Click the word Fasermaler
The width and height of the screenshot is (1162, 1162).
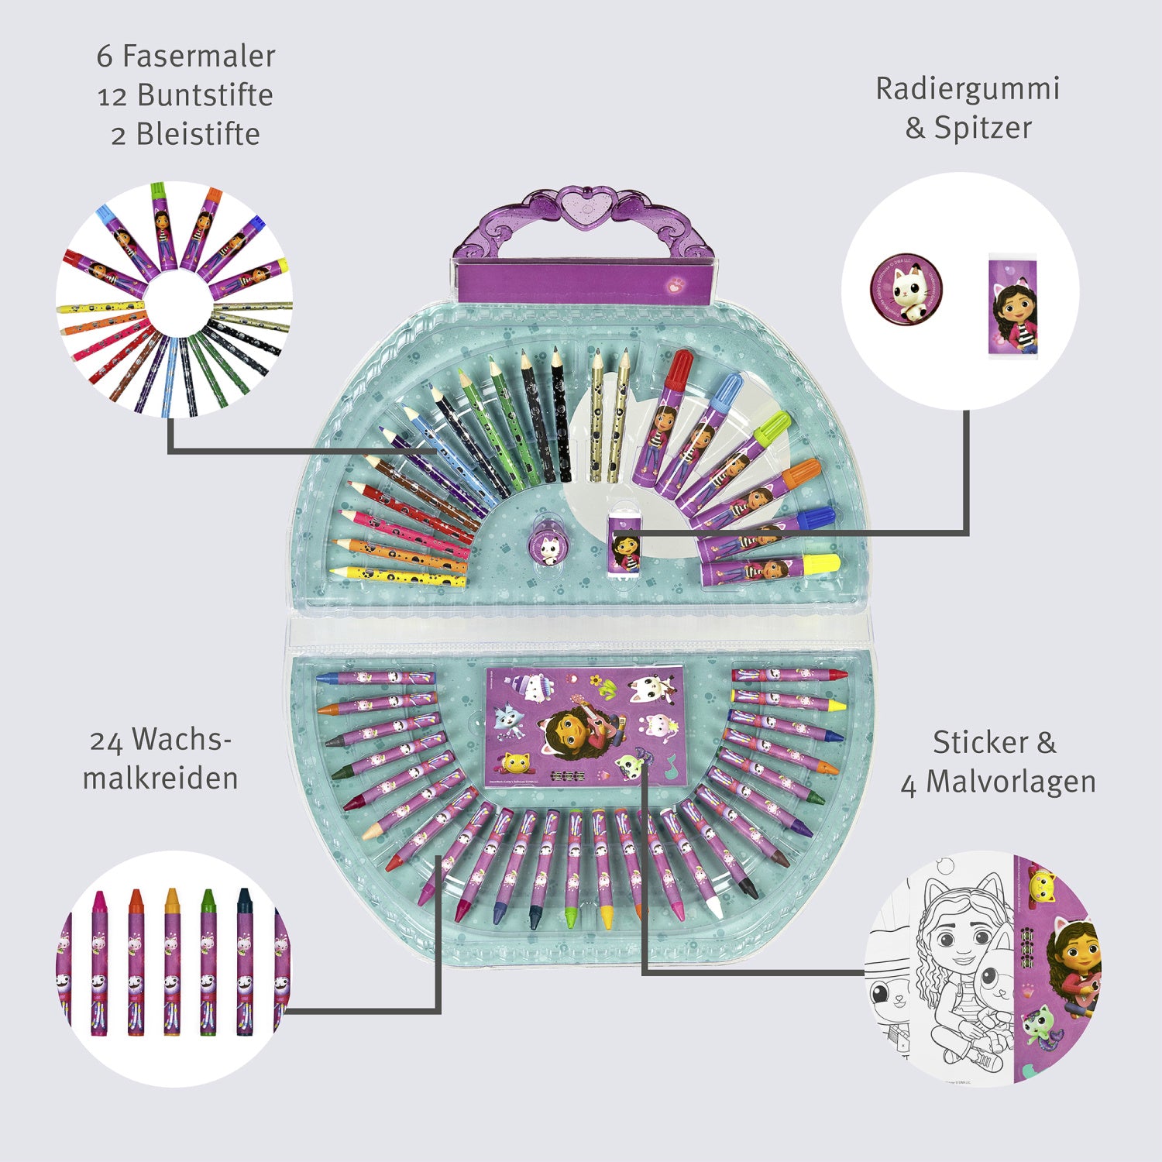(198, 57)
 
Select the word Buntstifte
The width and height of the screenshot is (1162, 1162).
(205, 95)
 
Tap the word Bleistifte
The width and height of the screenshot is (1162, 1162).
(198, 135)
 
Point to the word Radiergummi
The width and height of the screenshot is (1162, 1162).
(968, 89)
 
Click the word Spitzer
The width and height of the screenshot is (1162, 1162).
(982, 128)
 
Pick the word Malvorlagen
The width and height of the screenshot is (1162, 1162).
(1011, 782)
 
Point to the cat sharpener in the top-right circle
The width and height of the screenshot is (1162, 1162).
(906, 291)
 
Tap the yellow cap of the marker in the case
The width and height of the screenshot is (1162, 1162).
(822, 564)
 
